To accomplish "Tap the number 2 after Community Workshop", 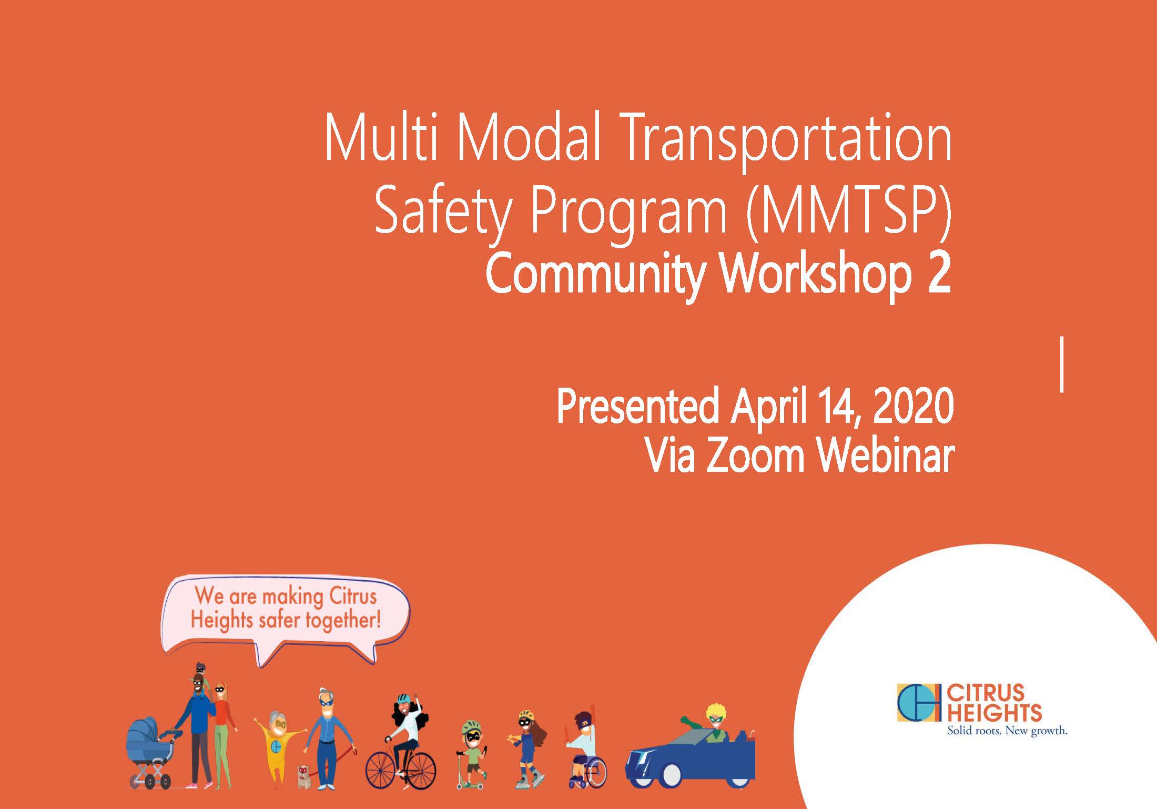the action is click(939, 274).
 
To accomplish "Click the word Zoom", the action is click(755, 455).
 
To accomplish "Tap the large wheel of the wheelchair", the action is click(592, 773).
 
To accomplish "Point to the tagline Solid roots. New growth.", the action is click(1007, 731).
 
